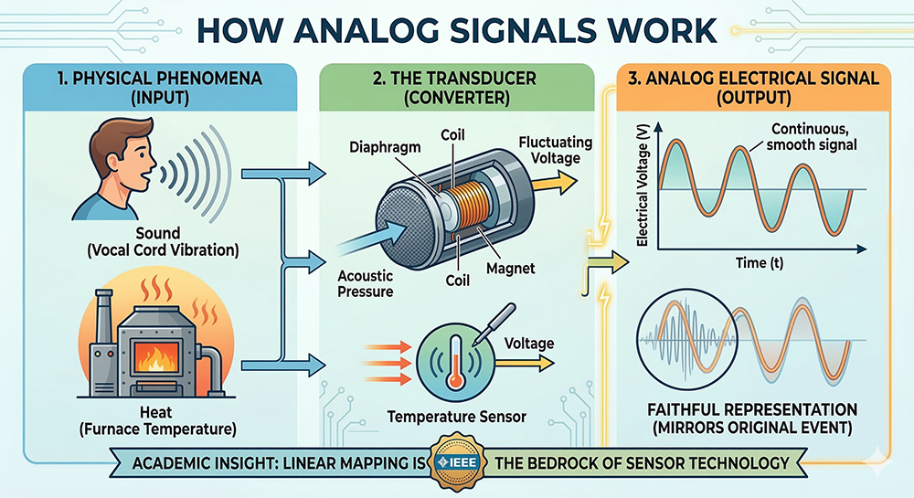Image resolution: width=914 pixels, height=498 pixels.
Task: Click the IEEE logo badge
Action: tap(456, 462)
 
